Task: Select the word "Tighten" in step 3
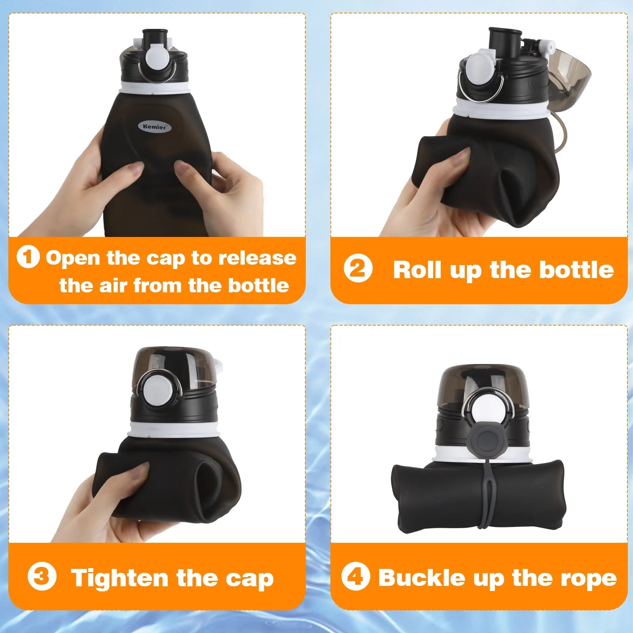[x=121, y=578]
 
